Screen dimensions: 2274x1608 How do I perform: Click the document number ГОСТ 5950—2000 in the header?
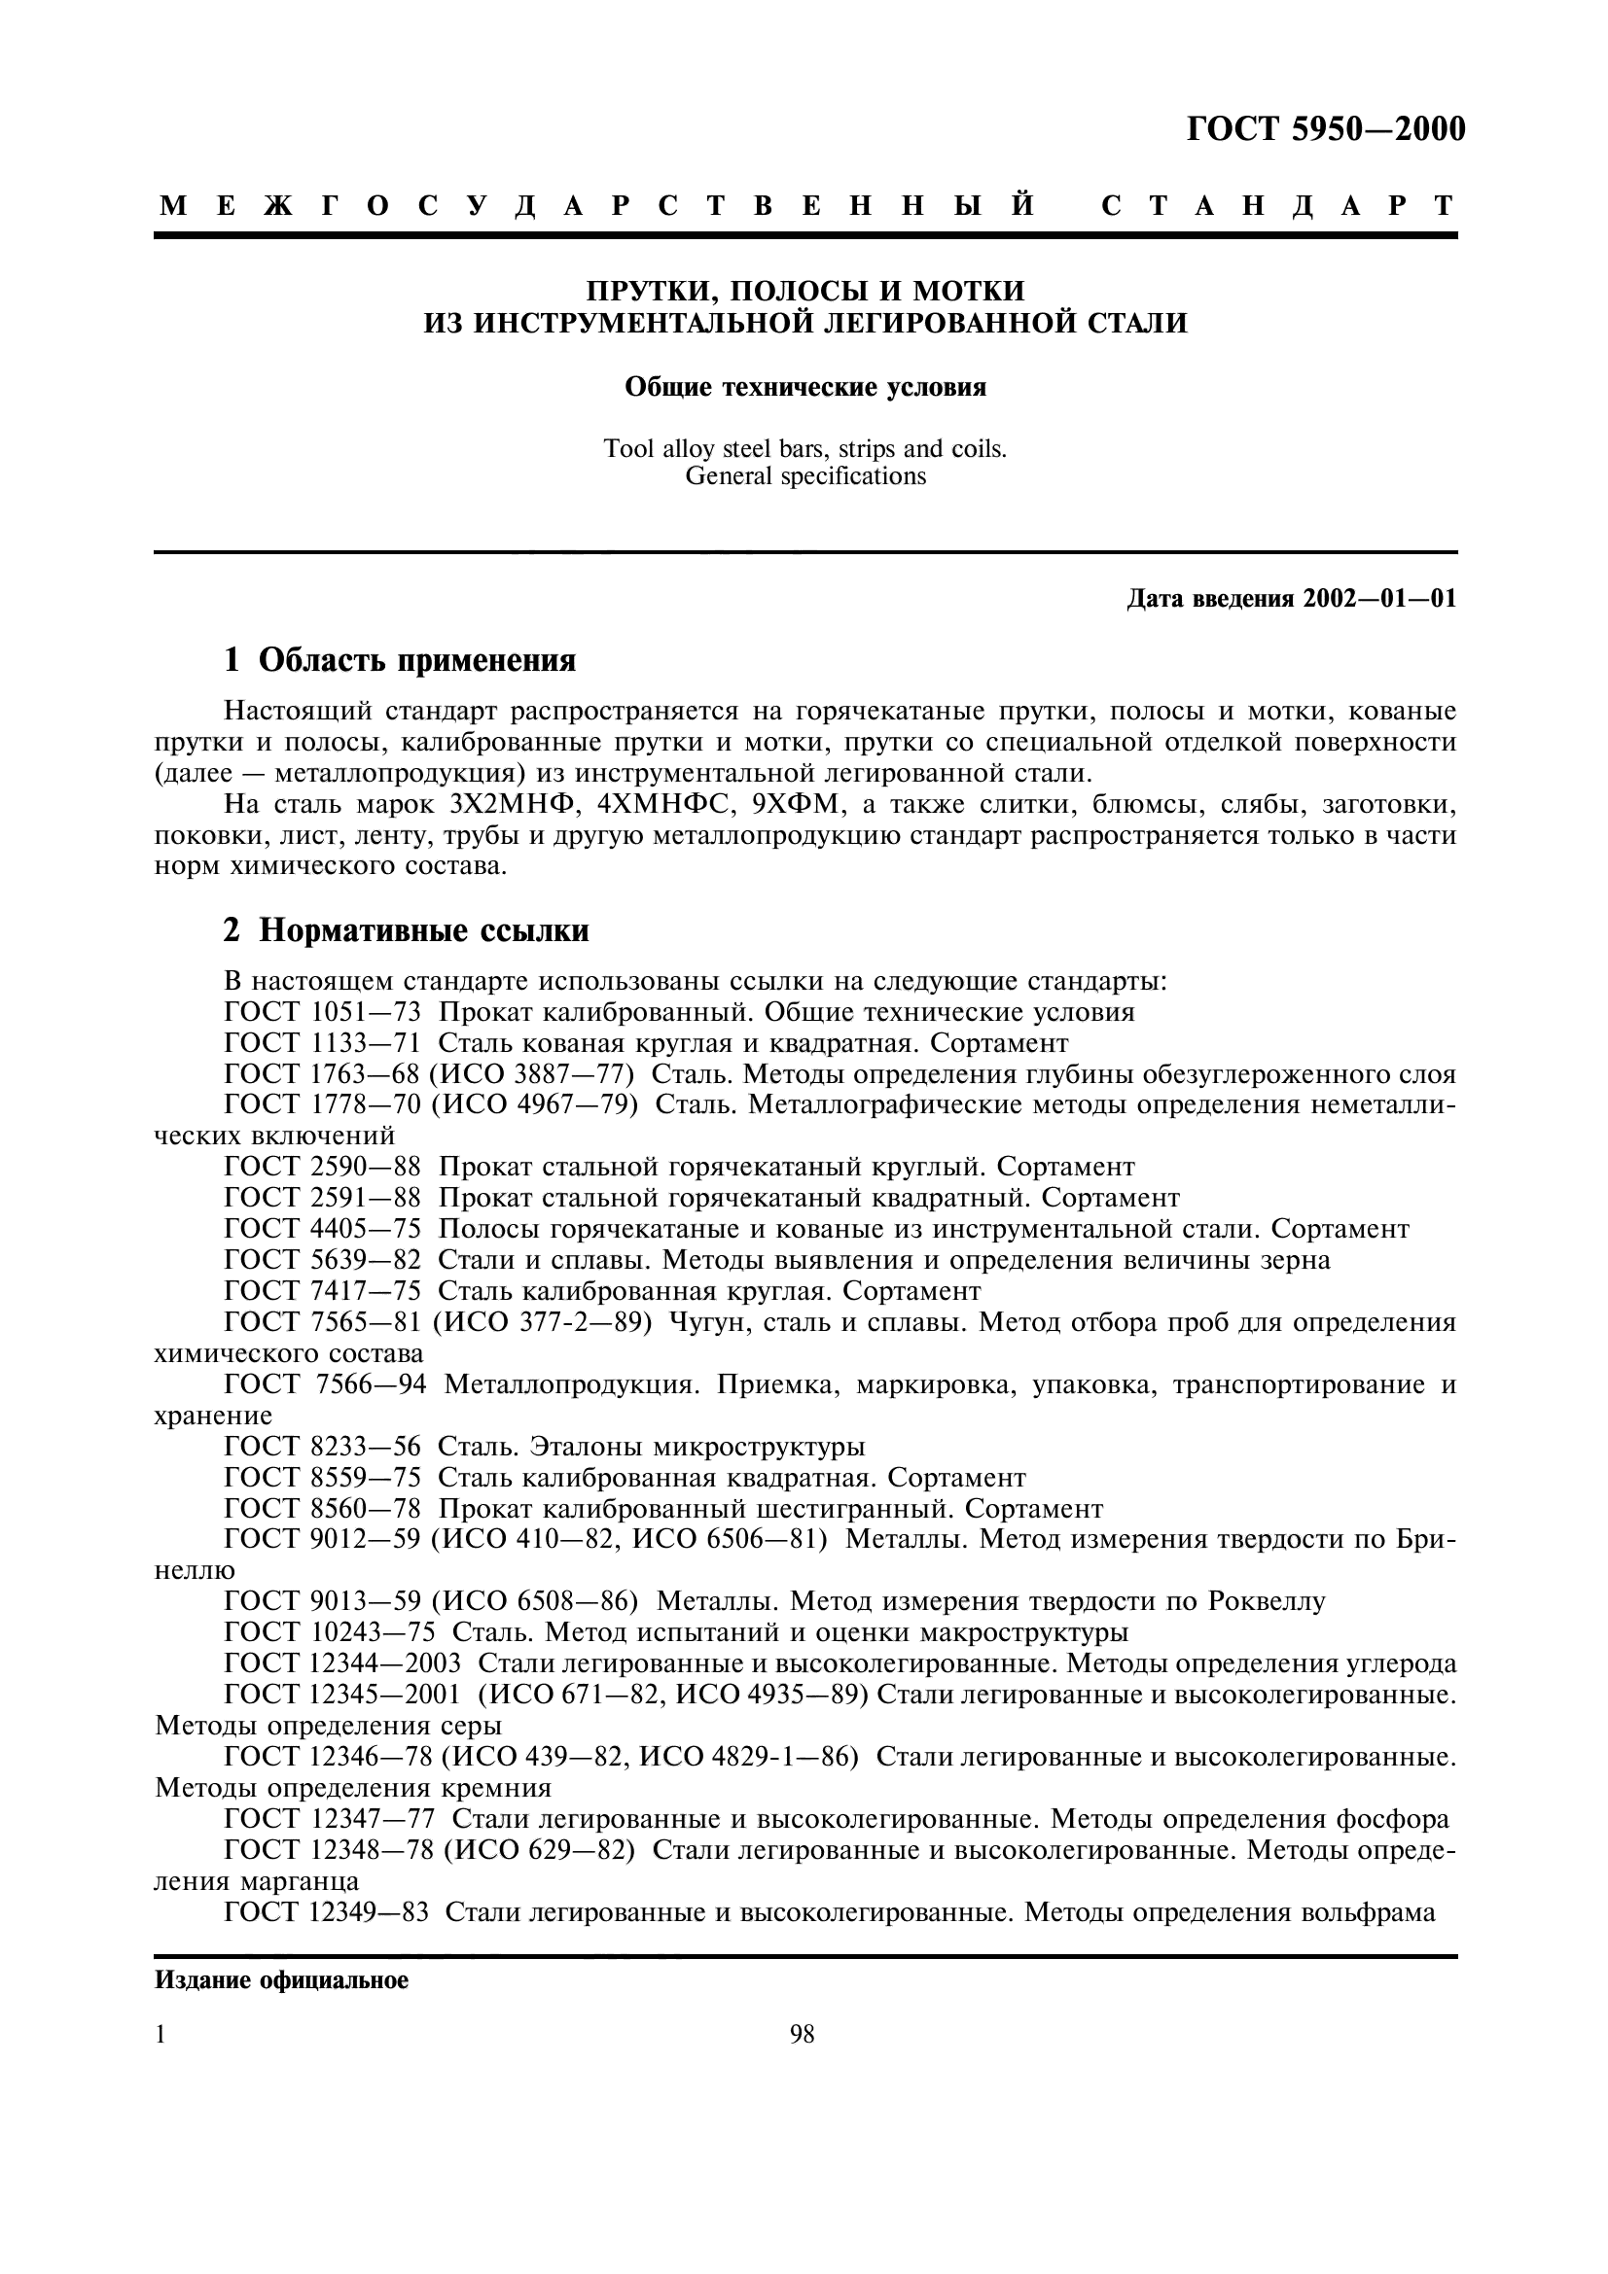point(1325,129)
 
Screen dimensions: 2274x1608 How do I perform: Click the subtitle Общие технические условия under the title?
point(804,387)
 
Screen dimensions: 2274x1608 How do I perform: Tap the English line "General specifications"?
point(804,476)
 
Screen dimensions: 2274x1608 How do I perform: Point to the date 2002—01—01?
point(1380,599)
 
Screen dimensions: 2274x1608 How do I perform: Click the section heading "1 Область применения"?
point(399,659)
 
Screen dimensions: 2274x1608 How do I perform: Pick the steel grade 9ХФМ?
point(795,804)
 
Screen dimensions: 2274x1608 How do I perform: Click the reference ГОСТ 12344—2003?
point(341,1663)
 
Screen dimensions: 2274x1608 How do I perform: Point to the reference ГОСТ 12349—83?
point(326,1912)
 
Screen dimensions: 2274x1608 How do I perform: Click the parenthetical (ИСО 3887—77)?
point(531,1074)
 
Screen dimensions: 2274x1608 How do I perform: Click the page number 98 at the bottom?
point(802,2034)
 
